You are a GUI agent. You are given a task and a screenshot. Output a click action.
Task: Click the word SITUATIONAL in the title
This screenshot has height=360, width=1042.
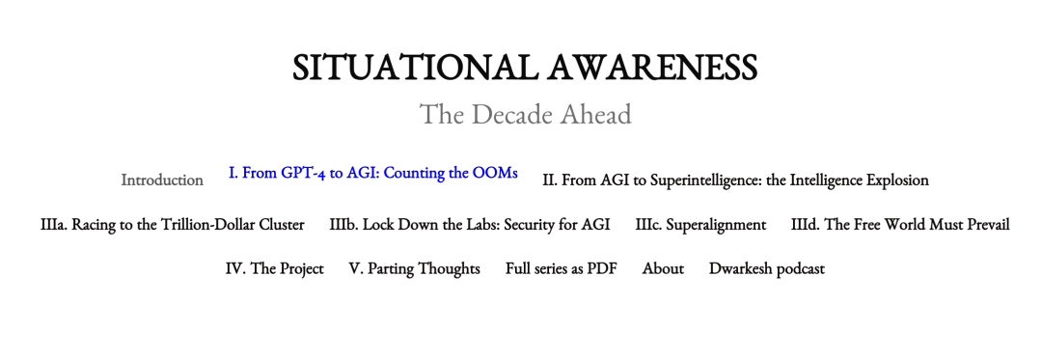point(413,68)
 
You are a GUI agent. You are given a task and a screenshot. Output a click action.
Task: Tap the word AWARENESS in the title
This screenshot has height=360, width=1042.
point(651,68)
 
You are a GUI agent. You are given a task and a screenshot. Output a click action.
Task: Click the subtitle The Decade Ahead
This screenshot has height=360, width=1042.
point(525,114)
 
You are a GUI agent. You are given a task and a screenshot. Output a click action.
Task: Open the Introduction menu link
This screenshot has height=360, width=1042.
point(162,180)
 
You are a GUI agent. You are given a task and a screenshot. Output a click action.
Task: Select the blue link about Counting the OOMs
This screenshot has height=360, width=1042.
point(372,173)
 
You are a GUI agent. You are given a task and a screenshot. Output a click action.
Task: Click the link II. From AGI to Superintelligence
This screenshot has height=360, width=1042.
point(735,180)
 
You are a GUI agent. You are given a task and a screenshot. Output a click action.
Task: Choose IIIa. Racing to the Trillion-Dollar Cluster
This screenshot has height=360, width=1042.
point(172,225)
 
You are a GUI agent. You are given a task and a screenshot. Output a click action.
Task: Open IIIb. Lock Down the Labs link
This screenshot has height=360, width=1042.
point(469,225)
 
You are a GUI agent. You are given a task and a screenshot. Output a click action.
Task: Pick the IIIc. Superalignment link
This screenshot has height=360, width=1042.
point(700,225)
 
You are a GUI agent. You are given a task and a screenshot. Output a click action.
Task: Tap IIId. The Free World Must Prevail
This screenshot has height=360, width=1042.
point(900,225)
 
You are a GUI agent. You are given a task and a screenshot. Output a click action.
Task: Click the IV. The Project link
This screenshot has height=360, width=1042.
point(274,268)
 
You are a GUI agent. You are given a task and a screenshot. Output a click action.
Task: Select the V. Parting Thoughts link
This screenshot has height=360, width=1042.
point(415,268)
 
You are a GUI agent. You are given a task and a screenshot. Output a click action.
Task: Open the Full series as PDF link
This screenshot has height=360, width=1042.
point(561,268)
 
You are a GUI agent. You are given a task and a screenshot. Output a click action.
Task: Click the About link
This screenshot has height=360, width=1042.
point(663,268)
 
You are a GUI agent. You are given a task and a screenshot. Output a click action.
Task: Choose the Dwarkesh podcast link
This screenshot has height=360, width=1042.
point(767,268)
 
